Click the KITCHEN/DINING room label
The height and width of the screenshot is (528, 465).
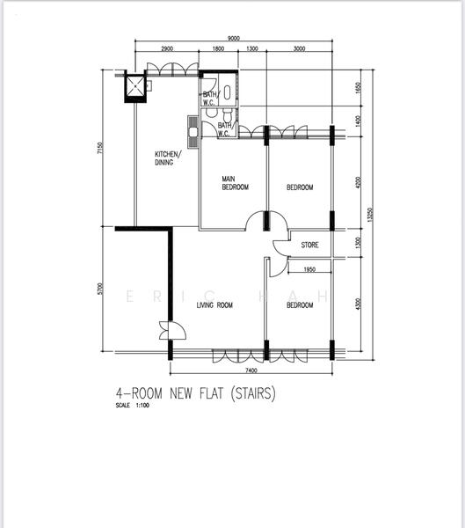[164, 158]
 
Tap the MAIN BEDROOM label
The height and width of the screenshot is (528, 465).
[234, 183]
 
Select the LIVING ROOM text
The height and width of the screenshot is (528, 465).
[214, 305]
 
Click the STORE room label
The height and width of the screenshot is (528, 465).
[309, 245]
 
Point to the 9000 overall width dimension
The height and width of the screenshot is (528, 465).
[233, 39]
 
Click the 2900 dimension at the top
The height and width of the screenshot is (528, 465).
[167, 49]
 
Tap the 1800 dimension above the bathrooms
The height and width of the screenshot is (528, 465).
[218, 49]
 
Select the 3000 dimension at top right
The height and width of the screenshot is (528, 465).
[299, 49]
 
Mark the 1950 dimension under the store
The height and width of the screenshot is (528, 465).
[309, 270]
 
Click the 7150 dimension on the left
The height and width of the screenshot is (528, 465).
[100, 149]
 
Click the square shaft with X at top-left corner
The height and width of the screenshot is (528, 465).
[135, 86]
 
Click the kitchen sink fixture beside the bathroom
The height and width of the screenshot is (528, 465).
[193, 129]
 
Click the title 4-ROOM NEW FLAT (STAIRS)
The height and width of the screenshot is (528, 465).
[195, 395]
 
